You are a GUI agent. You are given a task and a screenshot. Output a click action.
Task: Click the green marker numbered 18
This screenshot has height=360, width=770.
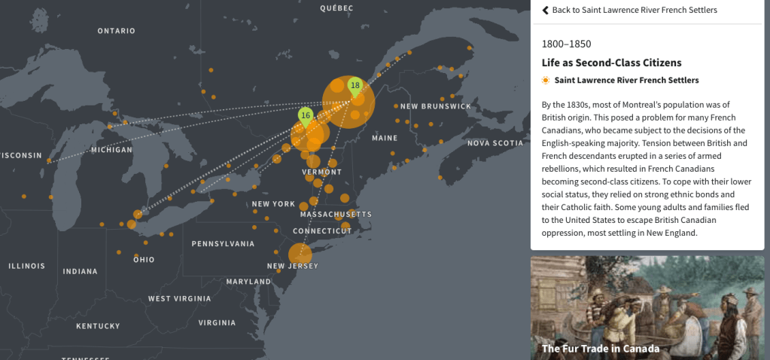tap(355, 86)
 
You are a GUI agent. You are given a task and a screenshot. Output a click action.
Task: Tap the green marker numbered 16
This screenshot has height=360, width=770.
tap(306, 115)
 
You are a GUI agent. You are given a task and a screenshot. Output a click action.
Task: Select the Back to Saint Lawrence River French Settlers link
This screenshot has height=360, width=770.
tap(628, 10)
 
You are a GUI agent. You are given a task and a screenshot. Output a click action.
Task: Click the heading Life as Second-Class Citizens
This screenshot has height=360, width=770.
tap(611, 63)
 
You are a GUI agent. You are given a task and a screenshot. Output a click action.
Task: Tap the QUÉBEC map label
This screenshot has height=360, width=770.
tap(336, 8)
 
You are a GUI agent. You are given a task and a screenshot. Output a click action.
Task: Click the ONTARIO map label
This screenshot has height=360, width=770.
tap(116, 31)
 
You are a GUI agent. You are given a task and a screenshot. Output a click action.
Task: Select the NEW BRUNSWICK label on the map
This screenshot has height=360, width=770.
tap(436, 106)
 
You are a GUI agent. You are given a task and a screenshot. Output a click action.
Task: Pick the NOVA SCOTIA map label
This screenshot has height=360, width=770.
tap(495, 143)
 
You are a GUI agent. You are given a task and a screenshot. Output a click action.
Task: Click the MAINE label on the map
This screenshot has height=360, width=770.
tap(385, 138)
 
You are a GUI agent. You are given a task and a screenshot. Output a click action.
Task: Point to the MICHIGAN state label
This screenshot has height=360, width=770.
tap(111, 150)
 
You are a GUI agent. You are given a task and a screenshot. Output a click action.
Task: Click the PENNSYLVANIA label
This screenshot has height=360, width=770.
tap(223, 244)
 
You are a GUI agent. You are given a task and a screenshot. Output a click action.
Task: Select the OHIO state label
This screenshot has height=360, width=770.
tap(143, 260)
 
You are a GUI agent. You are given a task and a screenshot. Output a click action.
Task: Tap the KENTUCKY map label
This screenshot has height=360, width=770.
tap(98, 326)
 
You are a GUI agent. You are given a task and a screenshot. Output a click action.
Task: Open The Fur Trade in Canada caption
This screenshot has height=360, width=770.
tap(600, 348)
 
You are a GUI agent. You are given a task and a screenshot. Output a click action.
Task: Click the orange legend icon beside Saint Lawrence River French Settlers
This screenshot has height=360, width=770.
tap(546, 80)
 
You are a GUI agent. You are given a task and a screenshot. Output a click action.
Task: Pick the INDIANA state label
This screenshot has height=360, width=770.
tap(80, 271)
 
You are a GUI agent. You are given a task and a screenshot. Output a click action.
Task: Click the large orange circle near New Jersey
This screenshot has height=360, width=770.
tap(300, 254)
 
